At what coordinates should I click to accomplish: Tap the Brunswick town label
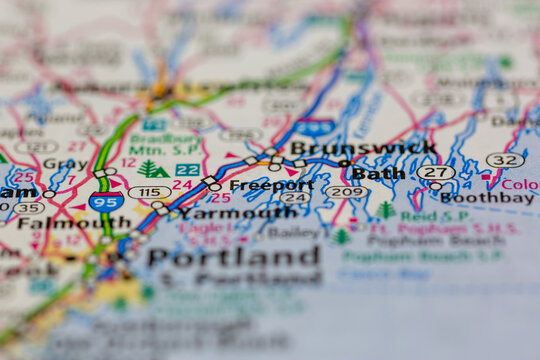(x=363, y=148)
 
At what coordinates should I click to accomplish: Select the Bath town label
(x=379, y=173)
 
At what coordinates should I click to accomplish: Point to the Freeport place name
(x=271, y=185)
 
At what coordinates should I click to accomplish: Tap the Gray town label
(x=65, y=163)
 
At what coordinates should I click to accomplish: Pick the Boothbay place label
(x=487, y=198)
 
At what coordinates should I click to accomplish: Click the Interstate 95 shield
(x=106, y=201)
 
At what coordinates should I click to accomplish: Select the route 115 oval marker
(x=149, y=192)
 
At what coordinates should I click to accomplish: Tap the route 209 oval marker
(x=347, y=191)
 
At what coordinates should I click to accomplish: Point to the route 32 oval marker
(x=505, y=160)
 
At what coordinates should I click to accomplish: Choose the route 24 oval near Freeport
(x=295, y=198)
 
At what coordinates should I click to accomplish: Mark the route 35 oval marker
(x=28, y=208)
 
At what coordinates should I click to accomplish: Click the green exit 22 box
(x=187, y=170)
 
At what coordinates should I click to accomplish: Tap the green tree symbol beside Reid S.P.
(x=386, y=210)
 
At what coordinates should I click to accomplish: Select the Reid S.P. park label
(x=422, y=216)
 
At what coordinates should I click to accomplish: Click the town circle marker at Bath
(x=345, y=163)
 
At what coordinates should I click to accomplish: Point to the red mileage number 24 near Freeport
(x=182, y=185)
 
